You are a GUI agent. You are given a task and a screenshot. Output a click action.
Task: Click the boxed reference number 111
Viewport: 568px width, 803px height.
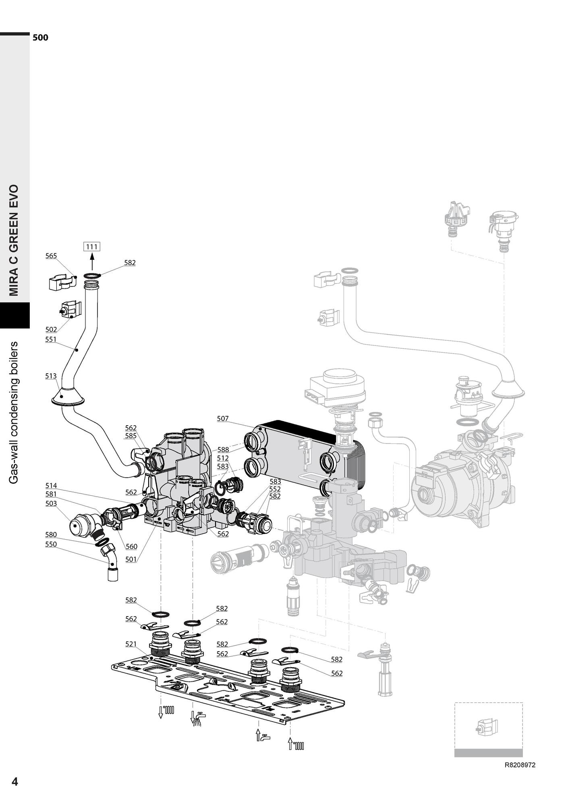tap(92, 246)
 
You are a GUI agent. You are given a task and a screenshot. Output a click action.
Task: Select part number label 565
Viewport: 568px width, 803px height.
tap(51, 256)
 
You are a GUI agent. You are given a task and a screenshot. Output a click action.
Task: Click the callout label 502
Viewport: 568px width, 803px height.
tap(51, 329)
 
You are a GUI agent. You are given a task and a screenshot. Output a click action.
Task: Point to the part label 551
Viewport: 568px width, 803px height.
tap(51, 339)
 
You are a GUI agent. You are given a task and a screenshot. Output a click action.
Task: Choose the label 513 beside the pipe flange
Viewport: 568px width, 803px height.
tap(51, 376)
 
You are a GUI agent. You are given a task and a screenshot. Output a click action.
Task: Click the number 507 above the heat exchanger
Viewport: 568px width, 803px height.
tap(223, 418)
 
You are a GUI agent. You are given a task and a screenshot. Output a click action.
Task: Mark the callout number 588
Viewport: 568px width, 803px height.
tap(223, 450)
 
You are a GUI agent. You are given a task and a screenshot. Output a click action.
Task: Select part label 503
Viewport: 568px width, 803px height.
tap(51, 503)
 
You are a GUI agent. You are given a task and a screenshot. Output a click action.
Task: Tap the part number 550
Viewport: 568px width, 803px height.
tap(51, 544)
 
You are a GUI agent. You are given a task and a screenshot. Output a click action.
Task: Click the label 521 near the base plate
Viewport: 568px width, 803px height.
tap(131, 644)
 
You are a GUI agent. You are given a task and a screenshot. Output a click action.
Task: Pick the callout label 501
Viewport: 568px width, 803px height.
tap(131, 559)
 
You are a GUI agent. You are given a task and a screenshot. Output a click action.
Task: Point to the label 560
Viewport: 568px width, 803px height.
tap(131, 546)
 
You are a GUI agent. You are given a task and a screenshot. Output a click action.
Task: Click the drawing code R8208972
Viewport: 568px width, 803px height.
tap(520, 765)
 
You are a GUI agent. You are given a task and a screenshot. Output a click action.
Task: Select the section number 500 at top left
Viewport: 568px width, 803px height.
tap(40, 38)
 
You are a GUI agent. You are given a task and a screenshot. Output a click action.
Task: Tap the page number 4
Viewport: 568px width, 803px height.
tap(15, 782)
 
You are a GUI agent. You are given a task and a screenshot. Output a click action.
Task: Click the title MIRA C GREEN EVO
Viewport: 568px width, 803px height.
tap(15, 240)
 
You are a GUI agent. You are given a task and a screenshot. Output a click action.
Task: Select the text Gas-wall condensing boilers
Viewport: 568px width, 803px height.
tap(15, 412)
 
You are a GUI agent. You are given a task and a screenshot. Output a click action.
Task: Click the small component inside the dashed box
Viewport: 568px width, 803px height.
tap(487, 727)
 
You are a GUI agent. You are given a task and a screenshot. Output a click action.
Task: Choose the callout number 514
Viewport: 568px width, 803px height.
tap(51, 486)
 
